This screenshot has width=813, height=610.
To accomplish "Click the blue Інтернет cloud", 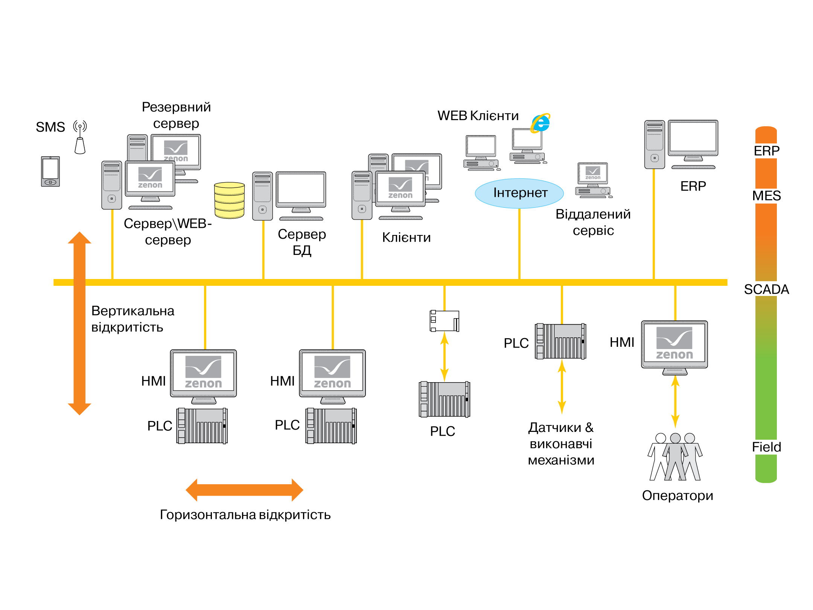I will [519, 193].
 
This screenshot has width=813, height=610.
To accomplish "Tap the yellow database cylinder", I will [229, 200].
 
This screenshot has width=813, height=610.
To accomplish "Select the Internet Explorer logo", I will [540, 123].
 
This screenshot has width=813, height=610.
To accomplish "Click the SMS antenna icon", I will [80, 137].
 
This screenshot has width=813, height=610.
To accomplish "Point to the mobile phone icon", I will [50, 171].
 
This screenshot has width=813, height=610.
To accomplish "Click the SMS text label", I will [50, 127].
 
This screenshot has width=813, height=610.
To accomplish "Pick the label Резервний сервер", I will [176, 115].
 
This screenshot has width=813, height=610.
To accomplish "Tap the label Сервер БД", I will [302, 242].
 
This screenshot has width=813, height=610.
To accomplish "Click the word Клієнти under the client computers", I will [406, 238].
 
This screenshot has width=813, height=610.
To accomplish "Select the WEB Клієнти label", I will [478, 116].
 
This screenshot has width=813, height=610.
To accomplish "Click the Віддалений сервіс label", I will [593, 222].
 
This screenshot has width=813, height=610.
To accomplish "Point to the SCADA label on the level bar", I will [766, 289].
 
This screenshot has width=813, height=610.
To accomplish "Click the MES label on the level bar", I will [766, 196].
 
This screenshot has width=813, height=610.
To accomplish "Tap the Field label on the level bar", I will [766, 447].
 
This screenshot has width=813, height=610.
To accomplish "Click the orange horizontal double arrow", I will [244, 490].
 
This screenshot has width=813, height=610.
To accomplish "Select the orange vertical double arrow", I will [79, 323].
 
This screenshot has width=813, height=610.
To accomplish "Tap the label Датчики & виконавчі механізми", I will [561, 444].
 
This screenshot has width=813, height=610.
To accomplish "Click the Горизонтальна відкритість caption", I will [245, 515].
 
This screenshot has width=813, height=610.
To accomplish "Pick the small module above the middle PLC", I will [445, 321].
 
